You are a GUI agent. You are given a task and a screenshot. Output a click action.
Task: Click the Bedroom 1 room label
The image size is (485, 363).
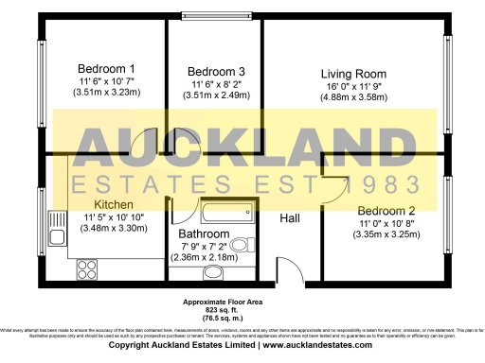click(106, 68)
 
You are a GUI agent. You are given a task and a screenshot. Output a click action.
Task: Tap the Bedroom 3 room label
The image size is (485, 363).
click(216, 72)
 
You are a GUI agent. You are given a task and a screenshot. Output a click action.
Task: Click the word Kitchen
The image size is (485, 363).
click(113, 204)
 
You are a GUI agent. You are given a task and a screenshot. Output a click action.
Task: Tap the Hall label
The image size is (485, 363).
click(292, 218)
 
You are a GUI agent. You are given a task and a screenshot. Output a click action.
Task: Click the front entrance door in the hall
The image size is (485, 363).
click(281, 268)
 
